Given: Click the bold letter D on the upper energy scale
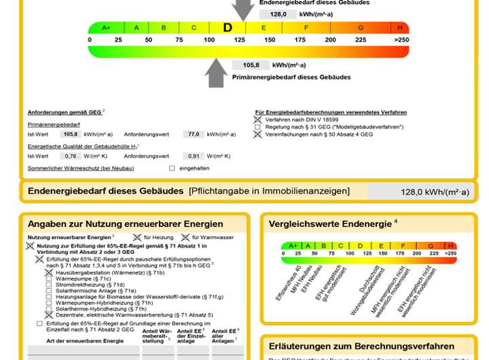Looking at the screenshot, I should [228, 28].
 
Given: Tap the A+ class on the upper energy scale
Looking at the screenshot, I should [106, 28].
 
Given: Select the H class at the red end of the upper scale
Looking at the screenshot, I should [400, 28].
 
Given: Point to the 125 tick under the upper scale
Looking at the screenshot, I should [239, 40].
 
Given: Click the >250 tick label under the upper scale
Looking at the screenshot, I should [401, 40].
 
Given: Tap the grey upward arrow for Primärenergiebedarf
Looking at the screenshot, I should [217, 73].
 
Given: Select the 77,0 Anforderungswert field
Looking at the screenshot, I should [194, 134].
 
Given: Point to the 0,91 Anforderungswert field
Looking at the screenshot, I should [194, 156].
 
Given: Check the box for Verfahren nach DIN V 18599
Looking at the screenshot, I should [258, 119].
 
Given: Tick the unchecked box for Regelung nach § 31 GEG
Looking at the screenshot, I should [258, 127].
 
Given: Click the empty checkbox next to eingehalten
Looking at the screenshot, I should [172, 168].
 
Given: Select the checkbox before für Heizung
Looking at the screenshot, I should [137, 237].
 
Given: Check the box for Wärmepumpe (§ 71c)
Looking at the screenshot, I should [48, 279].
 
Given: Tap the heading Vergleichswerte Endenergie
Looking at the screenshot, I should [330, 223].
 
